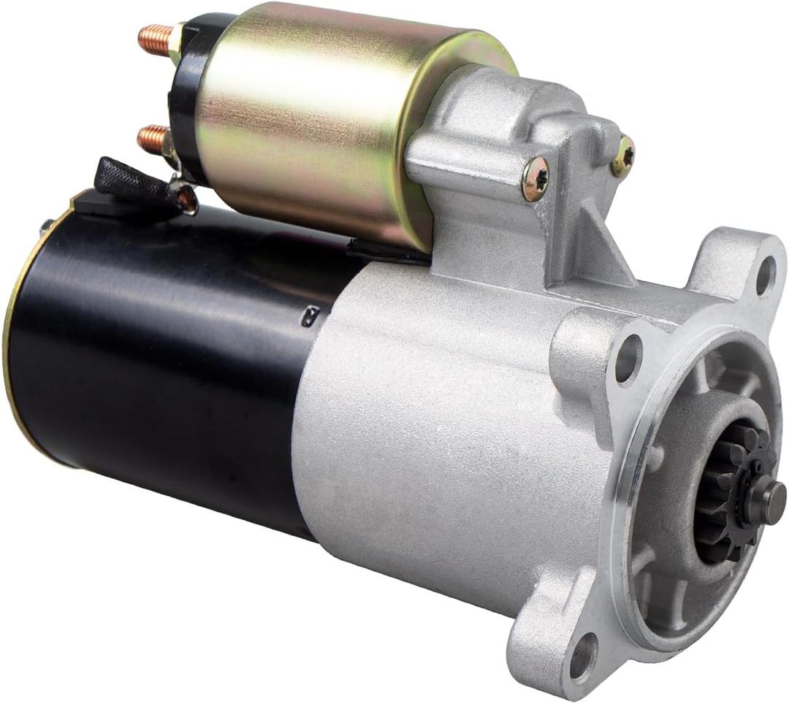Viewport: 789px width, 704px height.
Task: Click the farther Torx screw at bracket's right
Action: [x=622, y=156]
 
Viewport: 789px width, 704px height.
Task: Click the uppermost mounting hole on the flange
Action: [x=764, y=276]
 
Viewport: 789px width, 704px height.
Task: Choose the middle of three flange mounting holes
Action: [x=628, y=359]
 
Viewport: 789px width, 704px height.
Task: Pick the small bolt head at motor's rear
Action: [x=46, y=226]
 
